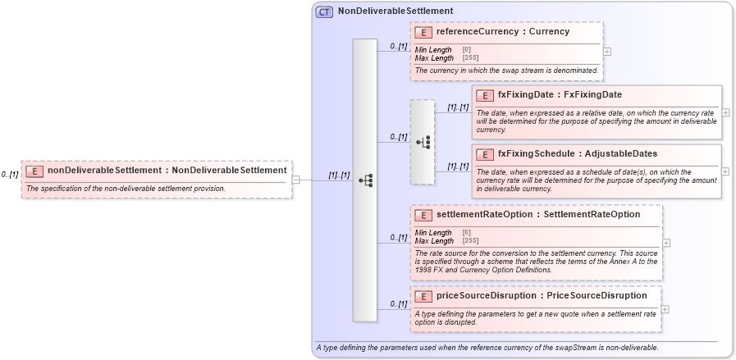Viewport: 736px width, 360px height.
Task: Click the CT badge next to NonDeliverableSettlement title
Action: click(324, 11)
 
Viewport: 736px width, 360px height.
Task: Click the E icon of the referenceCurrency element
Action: click(423, 32)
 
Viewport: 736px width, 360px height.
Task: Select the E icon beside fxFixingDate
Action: click(484, 95)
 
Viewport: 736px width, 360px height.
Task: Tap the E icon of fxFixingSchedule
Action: click(484, 154)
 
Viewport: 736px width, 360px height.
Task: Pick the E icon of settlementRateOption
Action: click(423, 215)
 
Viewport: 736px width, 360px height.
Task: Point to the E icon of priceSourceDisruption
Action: click(423, 296)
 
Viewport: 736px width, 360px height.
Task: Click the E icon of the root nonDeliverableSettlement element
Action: click(34, 171)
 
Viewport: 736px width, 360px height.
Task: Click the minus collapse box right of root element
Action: click(295, 180)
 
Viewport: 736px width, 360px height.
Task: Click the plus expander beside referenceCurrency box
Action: click(606, 51)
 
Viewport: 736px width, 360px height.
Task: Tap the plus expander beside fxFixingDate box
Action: click(725, 112)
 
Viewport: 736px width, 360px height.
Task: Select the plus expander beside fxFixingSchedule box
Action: click(725, 171)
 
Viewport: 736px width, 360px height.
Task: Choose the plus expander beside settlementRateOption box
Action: click(666, 243)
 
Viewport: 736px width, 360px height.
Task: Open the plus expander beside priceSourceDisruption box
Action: click(665, 309)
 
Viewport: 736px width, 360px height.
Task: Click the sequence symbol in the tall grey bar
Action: click(365, 180)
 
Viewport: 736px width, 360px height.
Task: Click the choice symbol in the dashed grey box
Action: click(423, 142)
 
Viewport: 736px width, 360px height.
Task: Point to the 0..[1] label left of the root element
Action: click(10, 175)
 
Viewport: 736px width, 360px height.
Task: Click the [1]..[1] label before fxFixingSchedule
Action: click(458, 166)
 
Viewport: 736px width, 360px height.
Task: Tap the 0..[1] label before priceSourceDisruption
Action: click(399, 304)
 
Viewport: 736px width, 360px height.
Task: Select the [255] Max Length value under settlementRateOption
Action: click(470, 241)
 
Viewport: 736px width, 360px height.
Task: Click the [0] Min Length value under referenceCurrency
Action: click(466, 50)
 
